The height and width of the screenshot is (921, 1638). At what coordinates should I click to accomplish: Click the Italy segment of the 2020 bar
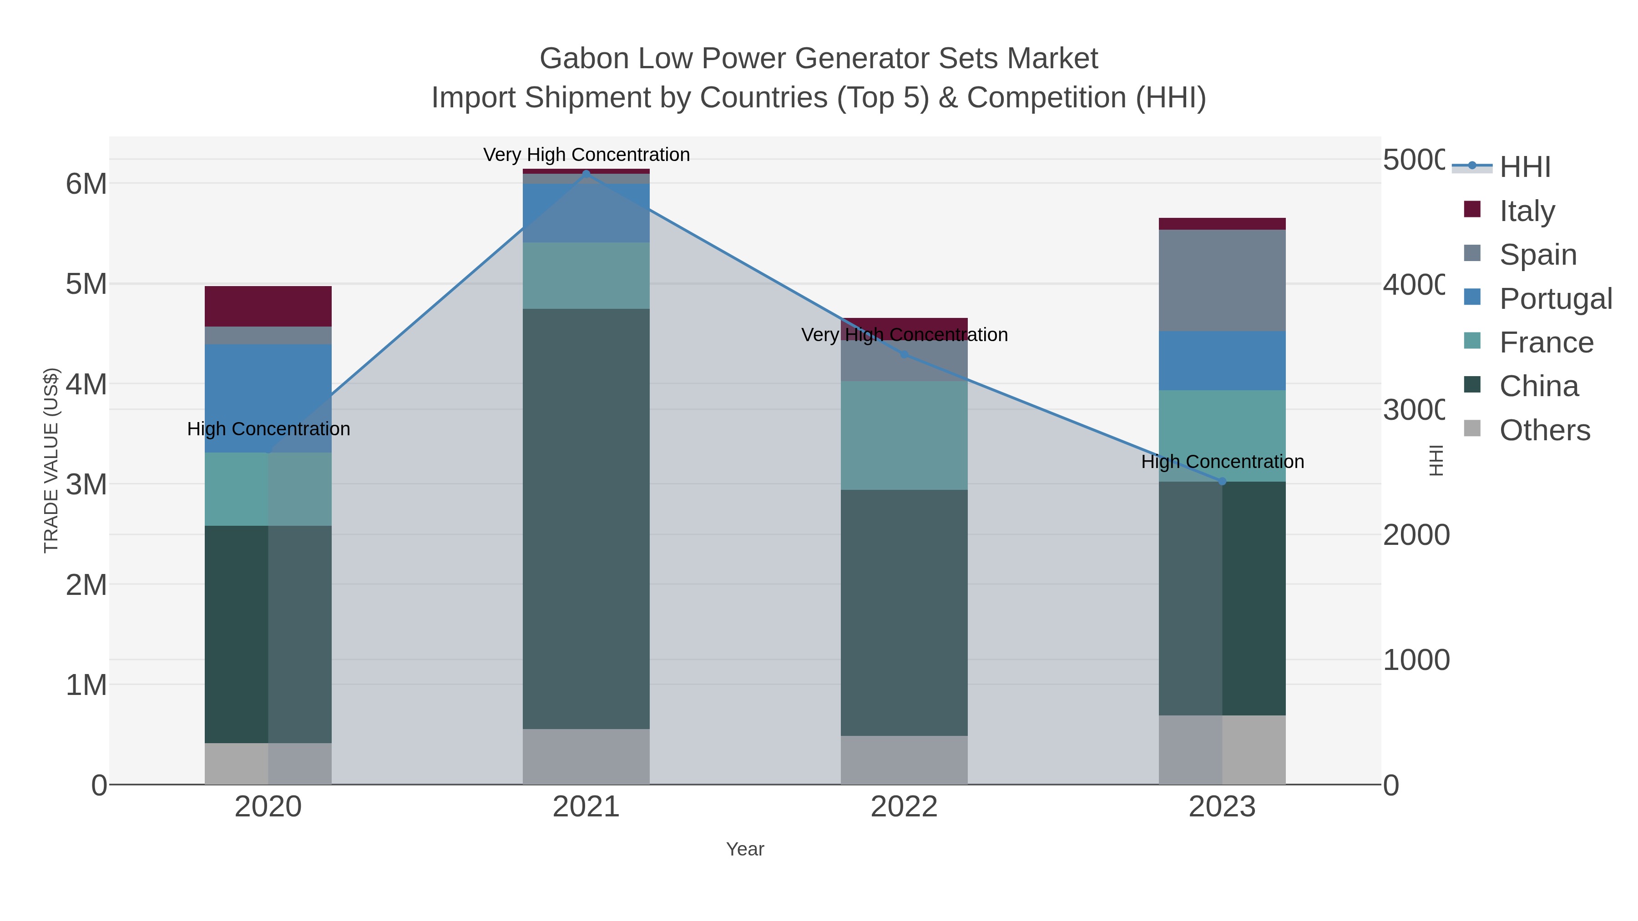click(268, 307)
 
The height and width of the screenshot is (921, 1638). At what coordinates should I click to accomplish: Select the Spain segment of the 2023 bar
click(1222, 280)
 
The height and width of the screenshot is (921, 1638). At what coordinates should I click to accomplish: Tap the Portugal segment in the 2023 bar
click(1222, 360)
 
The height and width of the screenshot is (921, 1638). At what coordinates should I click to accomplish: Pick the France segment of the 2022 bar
click(904, 435)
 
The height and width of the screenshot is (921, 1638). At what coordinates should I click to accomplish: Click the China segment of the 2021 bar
click(586, 518)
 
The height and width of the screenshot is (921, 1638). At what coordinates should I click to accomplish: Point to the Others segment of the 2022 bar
click(904, 760)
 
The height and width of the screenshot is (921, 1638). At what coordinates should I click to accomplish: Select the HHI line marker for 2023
click(1222, 481)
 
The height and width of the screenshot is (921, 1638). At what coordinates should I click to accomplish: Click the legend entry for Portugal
click(1555, 299)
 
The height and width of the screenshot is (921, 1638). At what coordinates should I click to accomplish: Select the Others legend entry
click(1544, 430)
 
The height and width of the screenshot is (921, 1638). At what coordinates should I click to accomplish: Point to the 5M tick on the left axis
click(86, 284)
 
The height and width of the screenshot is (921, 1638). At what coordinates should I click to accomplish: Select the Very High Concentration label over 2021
click(586, 155)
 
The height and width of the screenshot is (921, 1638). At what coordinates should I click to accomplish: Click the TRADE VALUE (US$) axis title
click(51, 460)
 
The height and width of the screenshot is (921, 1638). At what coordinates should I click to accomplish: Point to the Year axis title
click(744, 849)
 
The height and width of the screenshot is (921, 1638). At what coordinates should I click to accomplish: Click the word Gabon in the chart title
click(584, 59)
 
